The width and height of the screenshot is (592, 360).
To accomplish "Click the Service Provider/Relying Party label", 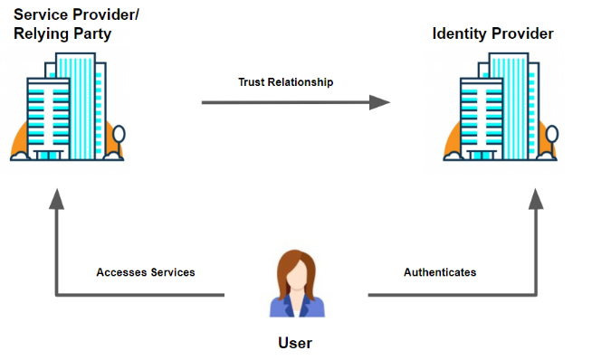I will pyautogui.click(x=77, y=25).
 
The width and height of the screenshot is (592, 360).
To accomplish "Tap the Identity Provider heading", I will pyautogui.click(x=492, y=34).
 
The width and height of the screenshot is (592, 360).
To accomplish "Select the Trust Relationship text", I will pyautogui.click(x=286, y=82).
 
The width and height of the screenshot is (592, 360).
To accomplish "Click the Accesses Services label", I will pyautogui.click(x=145, y=272).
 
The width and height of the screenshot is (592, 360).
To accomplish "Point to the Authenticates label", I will pyautogui.click(x=440, y=272).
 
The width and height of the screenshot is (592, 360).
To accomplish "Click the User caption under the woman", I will pyautogui.click(x=295, y=343).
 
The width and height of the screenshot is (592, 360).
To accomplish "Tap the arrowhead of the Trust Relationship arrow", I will pyautogui.click(x=380, y=103).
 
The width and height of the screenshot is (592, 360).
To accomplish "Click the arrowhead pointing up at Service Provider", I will pyautogui.click(x=57, y=199).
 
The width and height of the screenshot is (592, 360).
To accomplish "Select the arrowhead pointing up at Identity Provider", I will pyautogui.click(x=536, y=199).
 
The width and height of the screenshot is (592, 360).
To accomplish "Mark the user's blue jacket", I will pyautogui.click(x=295, y=306).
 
